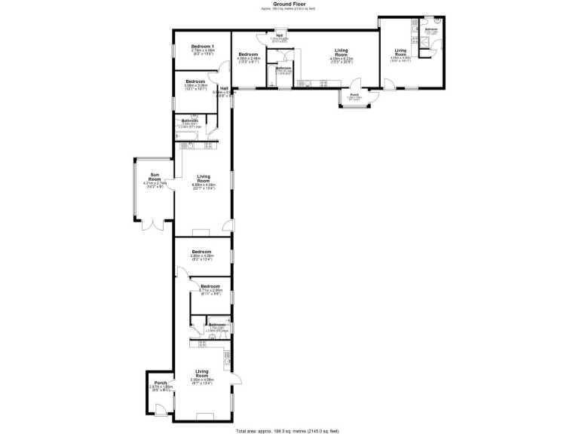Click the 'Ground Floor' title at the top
tap(289, 4)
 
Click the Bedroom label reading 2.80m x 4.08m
tap(201, 253)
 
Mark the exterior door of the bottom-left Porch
tap(160, 409)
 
